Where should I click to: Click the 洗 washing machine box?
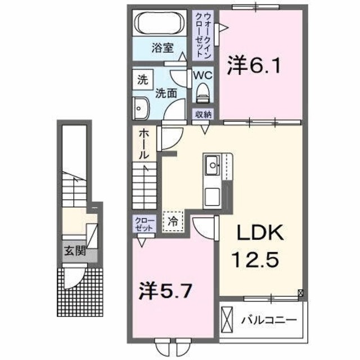coord(142,79)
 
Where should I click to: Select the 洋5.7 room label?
coord(167,291)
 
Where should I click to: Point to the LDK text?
coord(256,232)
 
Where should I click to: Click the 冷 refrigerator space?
coord(174,220)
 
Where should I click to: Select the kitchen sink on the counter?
coord(213,165)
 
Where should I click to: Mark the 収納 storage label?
coord(203,115)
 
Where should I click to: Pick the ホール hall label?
coord(144,143)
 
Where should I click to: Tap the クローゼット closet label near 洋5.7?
coord(142,225)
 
